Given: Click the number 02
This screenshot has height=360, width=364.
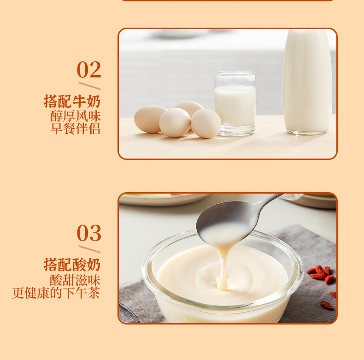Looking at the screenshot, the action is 89,70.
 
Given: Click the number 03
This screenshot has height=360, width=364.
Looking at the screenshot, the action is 89,233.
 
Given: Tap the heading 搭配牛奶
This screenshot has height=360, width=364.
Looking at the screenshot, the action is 72,101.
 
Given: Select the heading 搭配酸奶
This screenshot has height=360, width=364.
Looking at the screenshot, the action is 72,265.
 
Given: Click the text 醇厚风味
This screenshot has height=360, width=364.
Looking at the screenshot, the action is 76,116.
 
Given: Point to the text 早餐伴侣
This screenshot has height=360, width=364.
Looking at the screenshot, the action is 76,129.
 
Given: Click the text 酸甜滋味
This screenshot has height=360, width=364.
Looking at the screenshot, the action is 75,280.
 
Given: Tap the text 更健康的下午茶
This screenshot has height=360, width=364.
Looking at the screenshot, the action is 56,293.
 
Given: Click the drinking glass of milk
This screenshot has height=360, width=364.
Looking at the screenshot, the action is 235,103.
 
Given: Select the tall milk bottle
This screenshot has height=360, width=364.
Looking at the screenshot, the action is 307,82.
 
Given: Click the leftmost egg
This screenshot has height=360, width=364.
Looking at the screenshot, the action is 150,118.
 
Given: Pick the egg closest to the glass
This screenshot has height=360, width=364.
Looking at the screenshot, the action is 206,123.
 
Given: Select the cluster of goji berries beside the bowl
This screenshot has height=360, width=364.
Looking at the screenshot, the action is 320,274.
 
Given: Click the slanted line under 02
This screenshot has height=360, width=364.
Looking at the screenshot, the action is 89,86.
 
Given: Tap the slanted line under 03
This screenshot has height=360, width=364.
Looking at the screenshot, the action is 89,249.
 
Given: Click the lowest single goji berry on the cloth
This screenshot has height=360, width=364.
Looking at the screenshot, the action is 327,305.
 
